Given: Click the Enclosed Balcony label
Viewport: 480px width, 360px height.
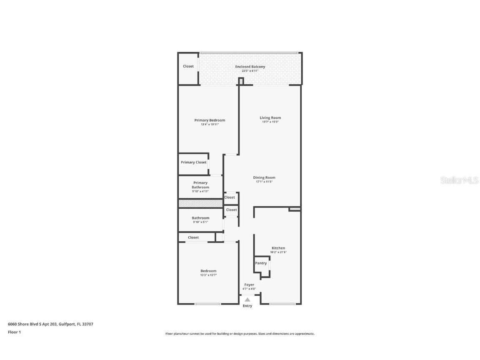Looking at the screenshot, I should pos(250,67).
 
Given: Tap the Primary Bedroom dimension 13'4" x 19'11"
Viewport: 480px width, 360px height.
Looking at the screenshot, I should pos(210,125).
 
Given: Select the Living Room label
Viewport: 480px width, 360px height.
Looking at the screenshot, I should pos(270,118).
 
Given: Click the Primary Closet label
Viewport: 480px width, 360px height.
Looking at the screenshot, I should pos(193,162).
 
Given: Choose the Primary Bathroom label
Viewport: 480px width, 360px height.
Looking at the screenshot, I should pos(200,185).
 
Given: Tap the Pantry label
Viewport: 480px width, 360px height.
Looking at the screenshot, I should pos(261,263).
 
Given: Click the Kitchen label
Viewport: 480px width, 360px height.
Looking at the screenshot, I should pos(278,248).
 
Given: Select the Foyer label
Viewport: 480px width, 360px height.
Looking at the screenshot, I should pos(249,285).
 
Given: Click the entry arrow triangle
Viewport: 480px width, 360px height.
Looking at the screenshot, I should pos(247,299).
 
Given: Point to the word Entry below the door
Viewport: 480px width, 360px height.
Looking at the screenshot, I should pos(247,306).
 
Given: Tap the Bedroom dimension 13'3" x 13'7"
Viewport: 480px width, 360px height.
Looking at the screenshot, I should pos(208,275).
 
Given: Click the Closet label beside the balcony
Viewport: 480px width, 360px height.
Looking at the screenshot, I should pos(188,66).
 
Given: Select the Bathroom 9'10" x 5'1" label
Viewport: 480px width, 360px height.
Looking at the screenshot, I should pos(200,218).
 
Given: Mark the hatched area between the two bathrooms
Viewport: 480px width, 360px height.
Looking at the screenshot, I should pos(200,203).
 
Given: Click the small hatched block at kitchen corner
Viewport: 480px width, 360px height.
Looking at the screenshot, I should pos(295,209).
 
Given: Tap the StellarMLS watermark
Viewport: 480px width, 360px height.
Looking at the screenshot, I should pos(460,180).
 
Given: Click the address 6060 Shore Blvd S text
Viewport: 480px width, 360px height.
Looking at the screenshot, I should pos(50,324).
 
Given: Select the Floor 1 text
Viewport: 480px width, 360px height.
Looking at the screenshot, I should pos(14,332).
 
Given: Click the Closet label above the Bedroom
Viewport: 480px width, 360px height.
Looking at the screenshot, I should pos(193,237).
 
